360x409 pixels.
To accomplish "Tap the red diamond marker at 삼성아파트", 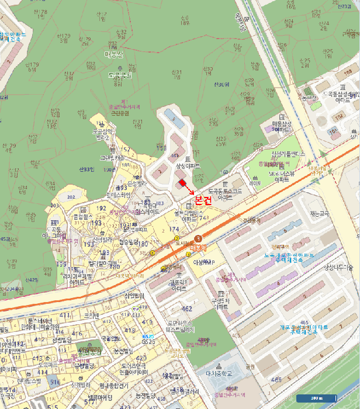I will (182, 184).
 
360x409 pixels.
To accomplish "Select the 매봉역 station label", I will (199, 247).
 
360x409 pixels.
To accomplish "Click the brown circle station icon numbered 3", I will (199, 238).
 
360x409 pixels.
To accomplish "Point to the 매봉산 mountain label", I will (113, 56).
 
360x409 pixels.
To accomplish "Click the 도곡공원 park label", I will (120, 75).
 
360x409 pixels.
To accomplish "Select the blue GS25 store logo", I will (147, 338).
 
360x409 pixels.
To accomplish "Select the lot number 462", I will (187, 308).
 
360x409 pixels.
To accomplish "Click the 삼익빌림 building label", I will (134, 296).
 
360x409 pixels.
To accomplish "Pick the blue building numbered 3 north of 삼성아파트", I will (174, 119).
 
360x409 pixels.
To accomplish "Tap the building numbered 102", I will (338, 118).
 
